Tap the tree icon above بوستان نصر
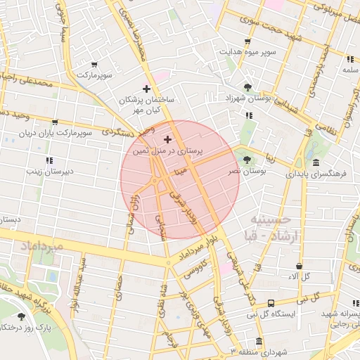pos(246,160)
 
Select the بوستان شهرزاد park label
pos(248,99)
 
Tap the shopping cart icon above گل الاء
pos(300,266)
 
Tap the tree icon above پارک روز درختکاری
pos(22,317)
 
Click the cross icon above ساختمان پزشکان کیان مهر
pos(146,89)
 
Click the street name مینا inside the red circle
pos(181,170)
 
